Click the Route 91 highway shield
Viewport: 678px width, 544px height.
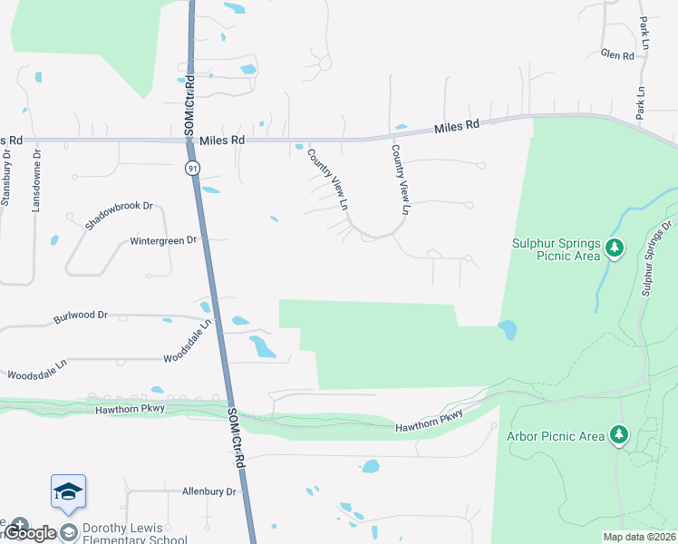pyautogui.click(x=192, y=169)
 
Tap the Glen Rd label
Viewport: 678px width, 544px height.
pyautogui.click(x=617, y=55)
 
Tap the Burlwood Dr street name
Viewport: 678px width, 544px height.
pyautogui.click(x=81, y=316)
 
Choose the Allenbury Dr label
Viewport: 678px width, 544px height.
pyautogui.click(x=208, y=491)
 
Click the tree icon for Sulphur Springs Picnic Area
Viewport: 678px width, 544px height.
pyautogui.click(x=615, y=248)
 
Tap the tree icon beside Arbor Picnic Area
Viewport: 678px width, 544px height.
pyautogui.click(x=619, y=436)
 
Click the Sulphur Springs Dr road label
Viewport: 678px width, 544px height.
pyautogui.click(x=657, y=257)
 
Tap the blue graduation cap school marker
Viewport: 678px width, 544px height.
pyautogui.click(x=69, y=491)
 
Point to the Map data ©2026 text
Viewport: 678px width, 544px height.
pyautogui.click(x=638, y=537)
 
